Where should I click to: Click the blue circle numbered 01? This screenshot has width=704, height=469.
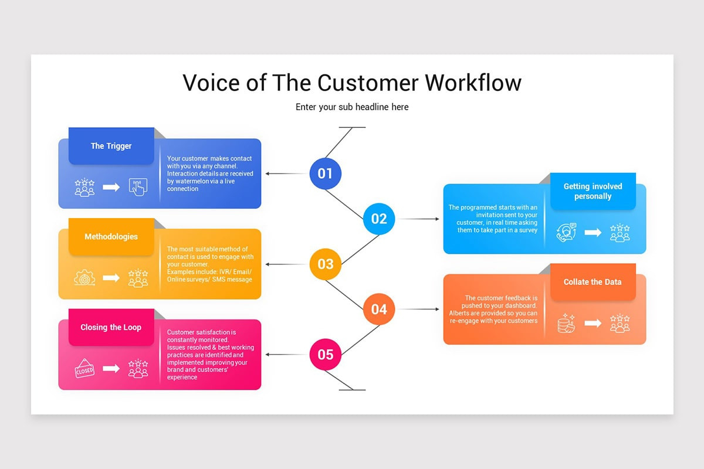pyautogui.click(x=325, y=174)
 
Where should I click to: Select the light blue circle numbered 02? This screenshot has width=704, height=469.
pyautogui.click(x=379, y=219)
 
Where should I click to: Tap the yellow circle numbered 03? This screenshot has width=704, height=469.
pyautogui.click(x=325, y=264)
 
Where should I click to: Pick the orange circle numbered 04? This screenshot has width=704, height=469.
pyautogui.click(x=379, y=309)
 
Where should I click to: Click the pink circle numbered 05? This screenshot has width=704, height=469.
pyautogui.click(x=325, y=354)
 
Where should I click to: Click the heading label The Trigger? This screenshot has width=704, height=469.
pyautogui.click(x=111, y=146)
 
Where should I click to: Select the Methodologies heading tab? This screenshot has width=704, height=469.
pyautogui.click(x=111, y=237)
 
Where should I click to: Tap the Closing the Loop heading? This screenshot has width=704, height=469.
pyautogui.click(x=111, y=327)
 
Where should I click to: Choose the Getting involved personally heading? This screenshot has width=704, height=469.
pyautogui.click(x=593, y=191)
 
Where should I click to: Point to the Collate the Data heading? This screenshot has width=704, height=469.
pyautogui.click(x=593, y=282)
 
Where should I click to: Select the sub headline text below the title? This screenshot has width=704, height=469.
pyautogui.click(x=352, y=107)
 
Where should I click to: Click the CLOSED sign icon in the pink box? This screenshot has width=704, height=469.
pyautogui.click(x=84, y=369)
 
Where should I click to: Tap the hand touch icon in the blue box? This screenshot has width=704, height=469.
pyautogui.click(x=137, y=187)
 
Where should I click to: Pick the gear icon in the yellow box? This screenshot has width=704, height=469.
pyautogui.click(x=84, y=278)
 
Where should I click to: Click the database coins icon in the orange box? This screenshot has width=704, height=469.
pyautogui.click(x=566, y=323)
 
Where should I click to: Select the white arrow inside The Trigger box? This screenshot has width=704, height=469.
pyautogui.click(x=111, y=187)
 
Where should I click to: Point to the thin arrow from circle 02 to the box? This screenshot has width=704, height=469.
pyautogui.click(x=418, y=219)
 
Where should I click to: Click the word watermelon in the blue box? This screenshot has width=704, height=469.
pyautogui.click(x=183, y=181)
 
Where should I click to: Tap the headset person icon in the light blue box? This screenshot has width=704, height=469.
pyautogui.click(x=566, y=233)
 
